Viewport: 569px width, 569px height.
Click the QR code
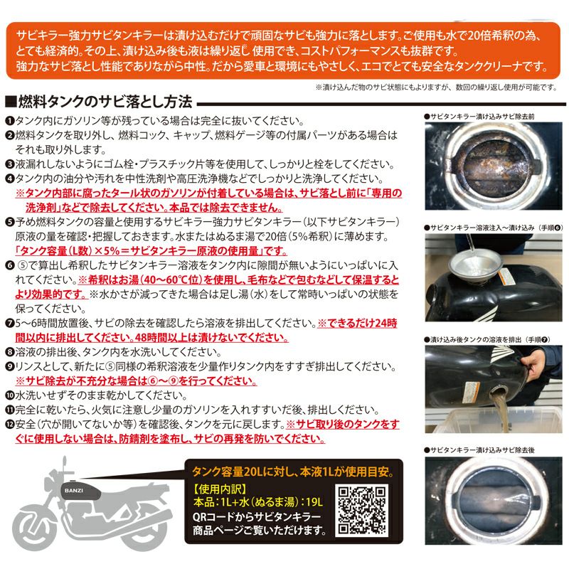[361, 510]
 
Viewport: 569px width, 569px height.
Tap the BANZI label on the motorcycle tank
[74, 490]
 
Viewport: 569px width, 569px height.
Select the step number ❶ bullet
[10, 121]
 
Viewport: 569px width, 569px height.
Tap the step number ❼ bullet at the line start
[10, 323]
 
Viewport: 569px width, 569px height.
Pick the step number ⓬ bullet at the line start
[10, 424]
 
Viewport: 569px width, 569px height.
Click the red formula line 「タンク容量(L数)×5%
[151, 251]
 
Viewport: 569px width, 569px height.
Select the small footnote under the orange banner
[435, 87]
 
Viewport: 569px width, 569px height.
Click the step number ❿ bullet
[10, 395]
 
